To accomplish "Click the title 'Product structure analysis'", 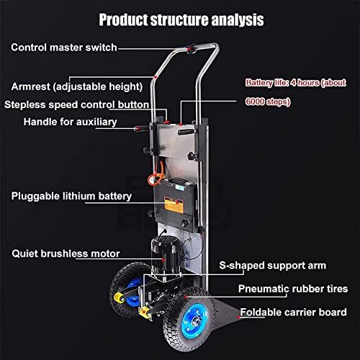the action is [x=181, y=19].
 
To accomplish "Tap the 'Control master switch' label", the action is [x=64, y=48].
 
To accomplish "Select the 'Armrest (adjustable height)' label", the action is [x=77, y=86].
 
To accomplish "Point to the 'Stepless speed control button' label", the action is [x=76, y=105].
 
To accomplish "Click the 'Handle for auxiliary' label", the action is [x=70, y=122].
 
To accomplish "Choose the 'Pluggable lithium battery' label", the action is [x=71, y=197].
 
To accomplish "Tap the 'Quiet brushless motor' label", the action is [x=66, y=253].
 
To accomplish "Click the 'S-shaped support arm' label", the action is [x=273, y=266].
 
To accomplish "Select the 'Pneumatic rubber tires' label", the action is [x=293, y=289].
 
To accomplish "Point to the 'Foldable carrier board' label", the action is [x=293, y=312].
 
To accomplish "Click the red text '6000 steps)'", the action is [x=268, y=102].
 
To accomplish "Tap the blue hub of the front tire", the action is [x=194, y=321].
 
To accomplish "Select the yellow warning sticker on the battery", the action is [x=174, y=205].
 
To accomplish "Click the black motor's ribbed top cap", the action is [x=166, y=242].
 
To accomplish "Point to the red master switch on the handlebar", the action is [x=190, y=48].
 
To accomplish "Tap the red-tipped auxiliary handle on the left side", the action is [x=141, y=129].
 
